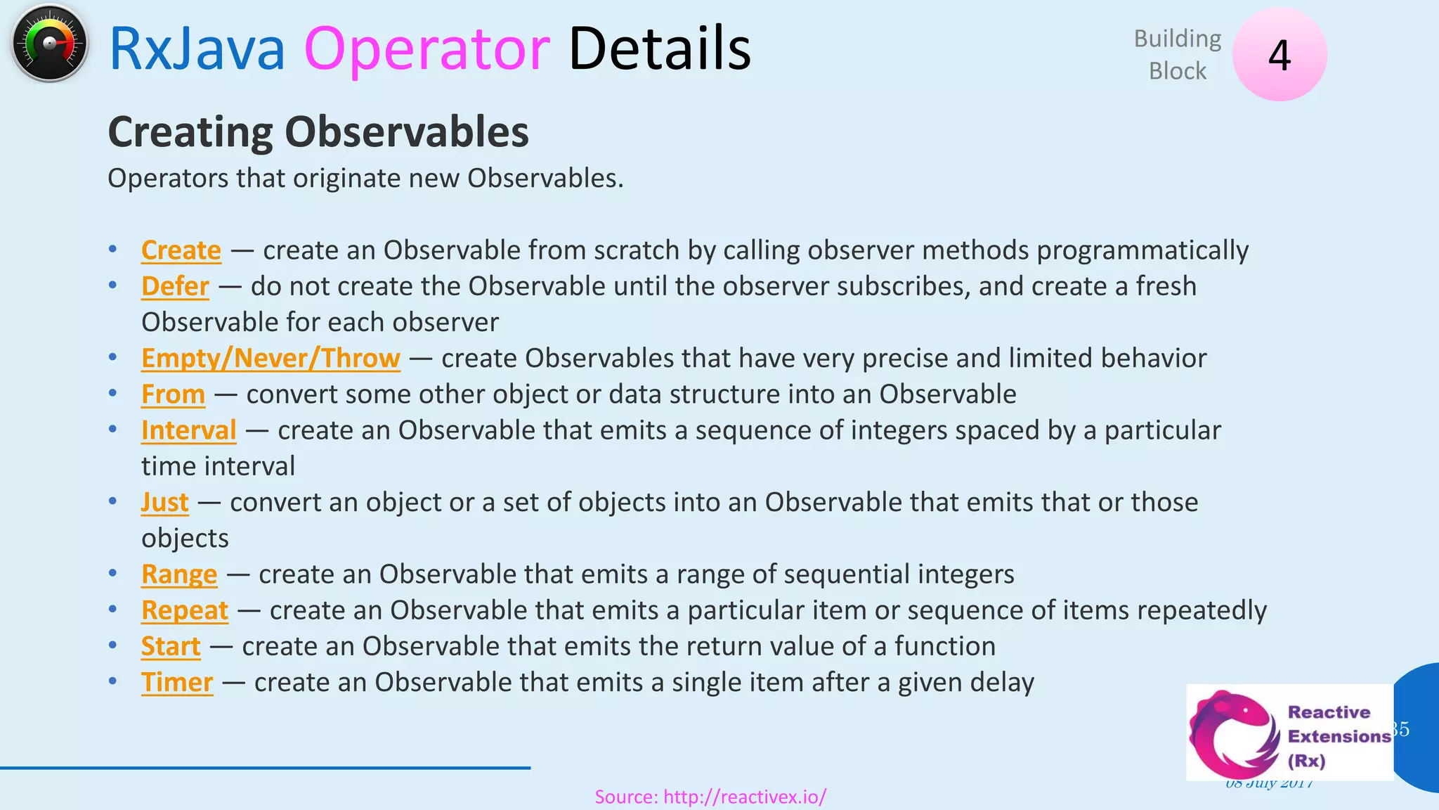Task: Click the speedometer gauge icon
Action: [49, 44]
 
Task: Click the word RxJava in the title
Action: [197, 49]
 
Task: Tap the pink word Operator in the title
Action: [427, 49]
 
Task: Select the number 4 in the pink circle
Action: [1279, 55]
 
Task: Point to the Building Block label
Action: [1178, 55]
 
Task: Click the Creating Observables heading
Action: [318, 132]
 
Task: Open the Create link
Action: [181, 250]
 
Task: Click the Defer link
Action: [175, 286]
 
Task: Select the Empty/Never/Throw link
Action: [271, 358]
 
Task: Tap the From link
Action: [173, 394]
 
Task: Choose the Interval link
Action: [188, 430]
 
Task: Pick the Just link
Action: [164, 502]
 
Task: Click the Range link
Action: [179, 574]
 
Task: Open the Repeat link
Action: [184, 610]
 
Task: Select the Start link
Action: [171, 646]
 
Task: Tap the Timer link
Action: [177, 682]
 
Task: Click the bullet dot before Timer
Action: [112, 681]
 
